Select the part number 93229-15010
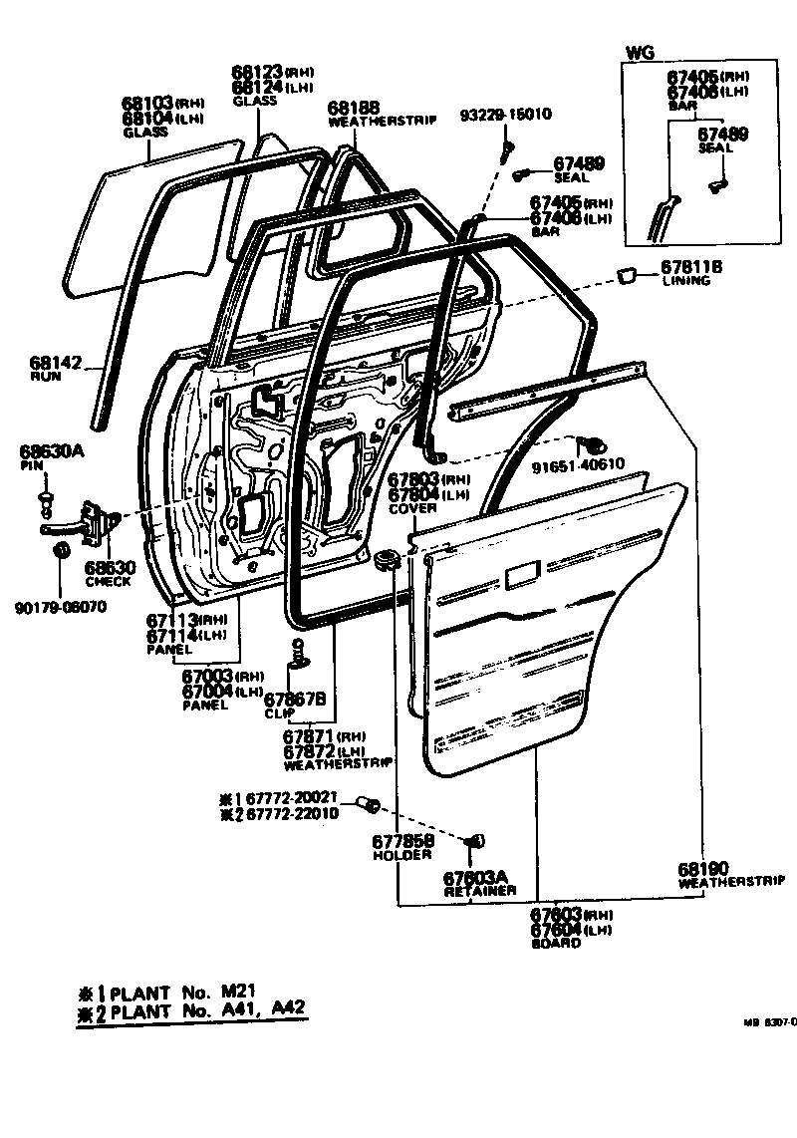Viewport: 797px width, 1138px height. [x=505, y=115]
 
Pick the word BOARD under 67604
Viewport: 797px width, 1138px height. [x=556, y=943]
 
